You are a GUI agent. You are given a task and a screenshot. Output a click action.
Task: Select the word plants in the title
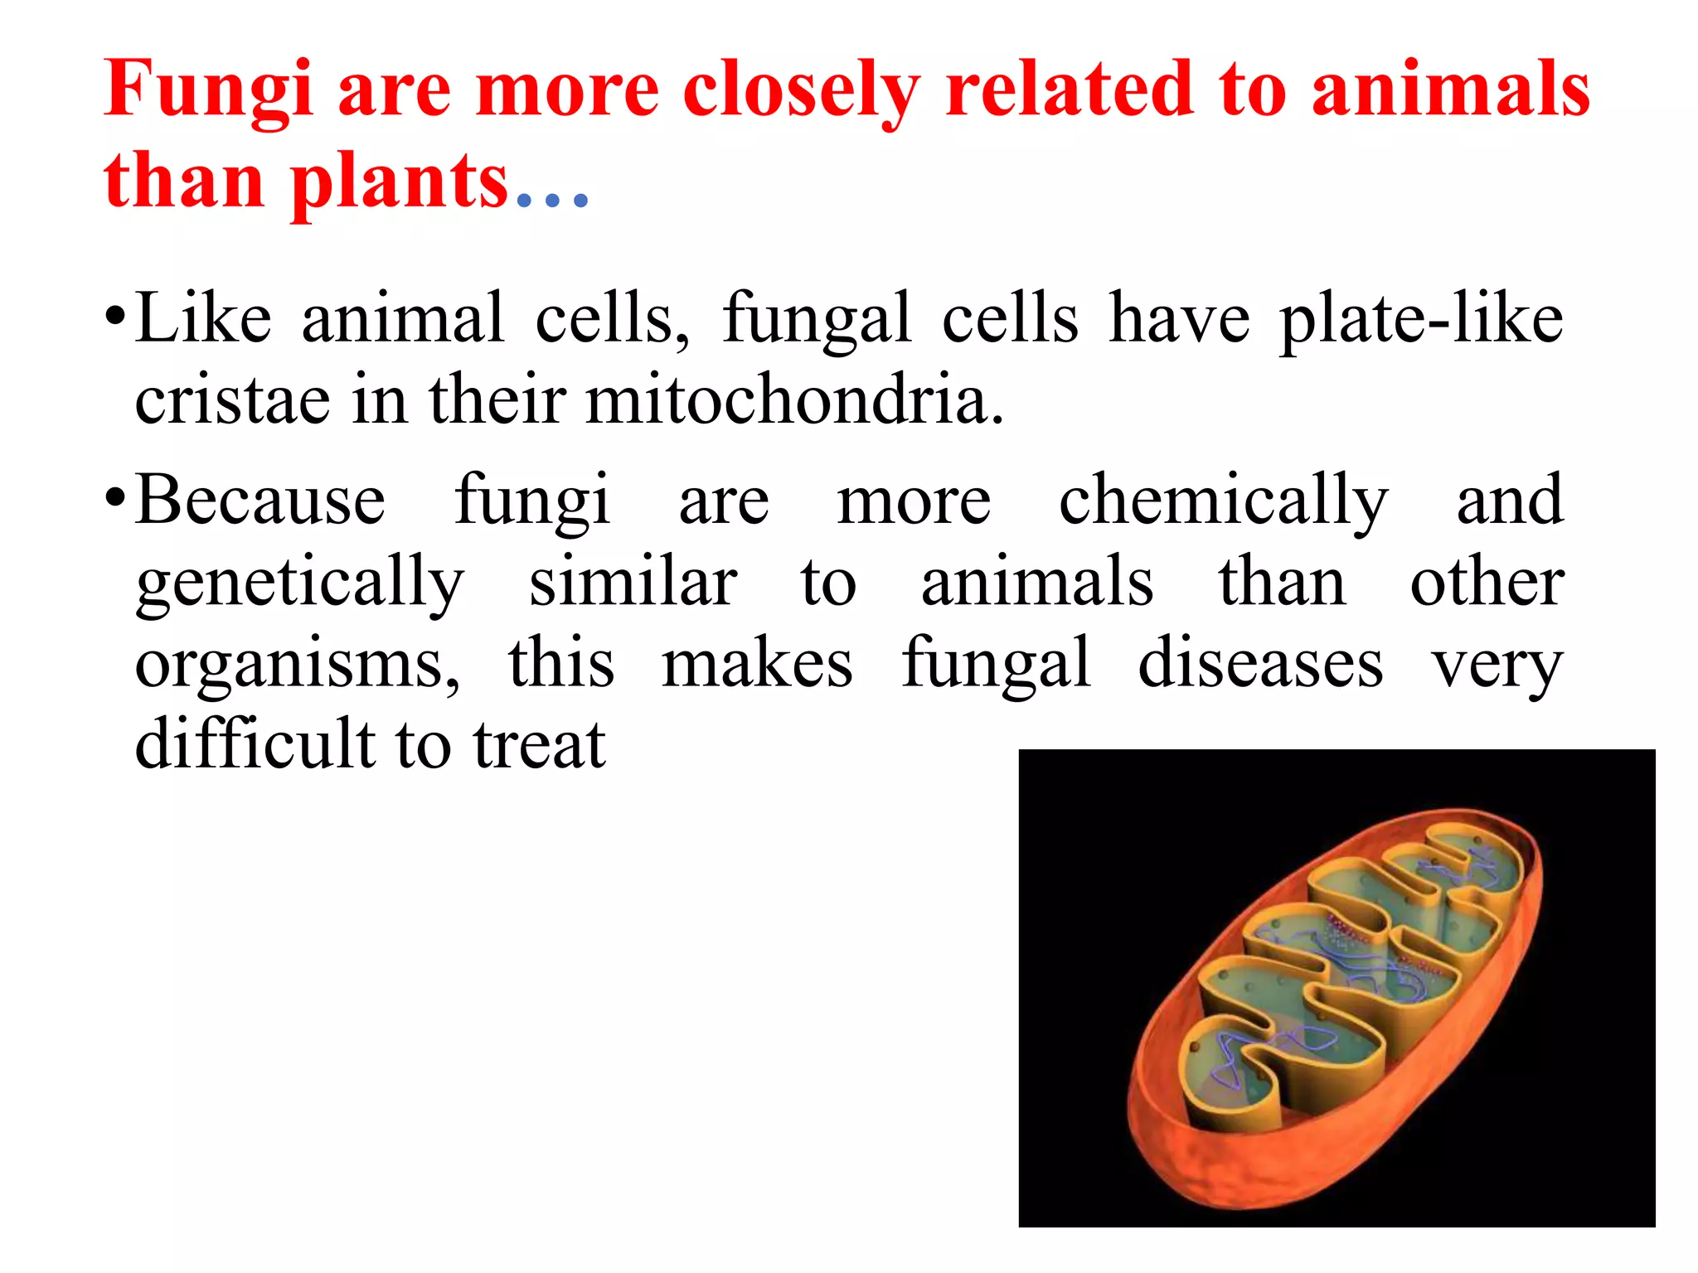(x=399, y=182)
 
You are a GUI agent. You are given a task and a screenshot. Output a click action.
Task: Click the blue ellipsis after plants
(x=552, y=199)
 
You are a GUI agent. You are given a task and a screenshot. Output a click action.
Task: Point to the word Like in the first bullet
(x=203, y=317)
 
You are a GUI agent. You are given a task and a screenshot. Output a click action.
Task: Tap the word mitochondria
(x=795, y=399)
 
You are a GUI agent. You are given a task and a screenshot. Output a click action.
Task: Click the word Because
(x=260, y=500)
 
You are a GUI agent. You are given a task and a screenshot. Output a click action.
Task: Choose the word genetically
(x=300, y=583)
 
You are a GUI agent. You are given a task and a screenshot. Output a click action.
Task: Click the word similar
(x=633, y=582)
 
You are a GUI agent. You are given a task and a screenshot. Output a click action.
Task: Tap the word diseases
(x=1260, y=663)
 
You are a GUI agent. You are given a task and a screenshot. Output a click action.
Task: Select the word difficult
(x=255, y=743)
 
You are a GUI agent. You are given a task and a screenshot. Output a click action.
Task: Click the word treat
(x=540, y=745)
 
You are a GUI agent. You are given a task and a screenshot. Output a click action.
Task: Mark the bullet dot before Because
(x=115, y=501)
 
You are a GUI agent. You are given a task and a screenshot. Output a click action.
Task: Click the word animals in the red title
(x=1450, y=90)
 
